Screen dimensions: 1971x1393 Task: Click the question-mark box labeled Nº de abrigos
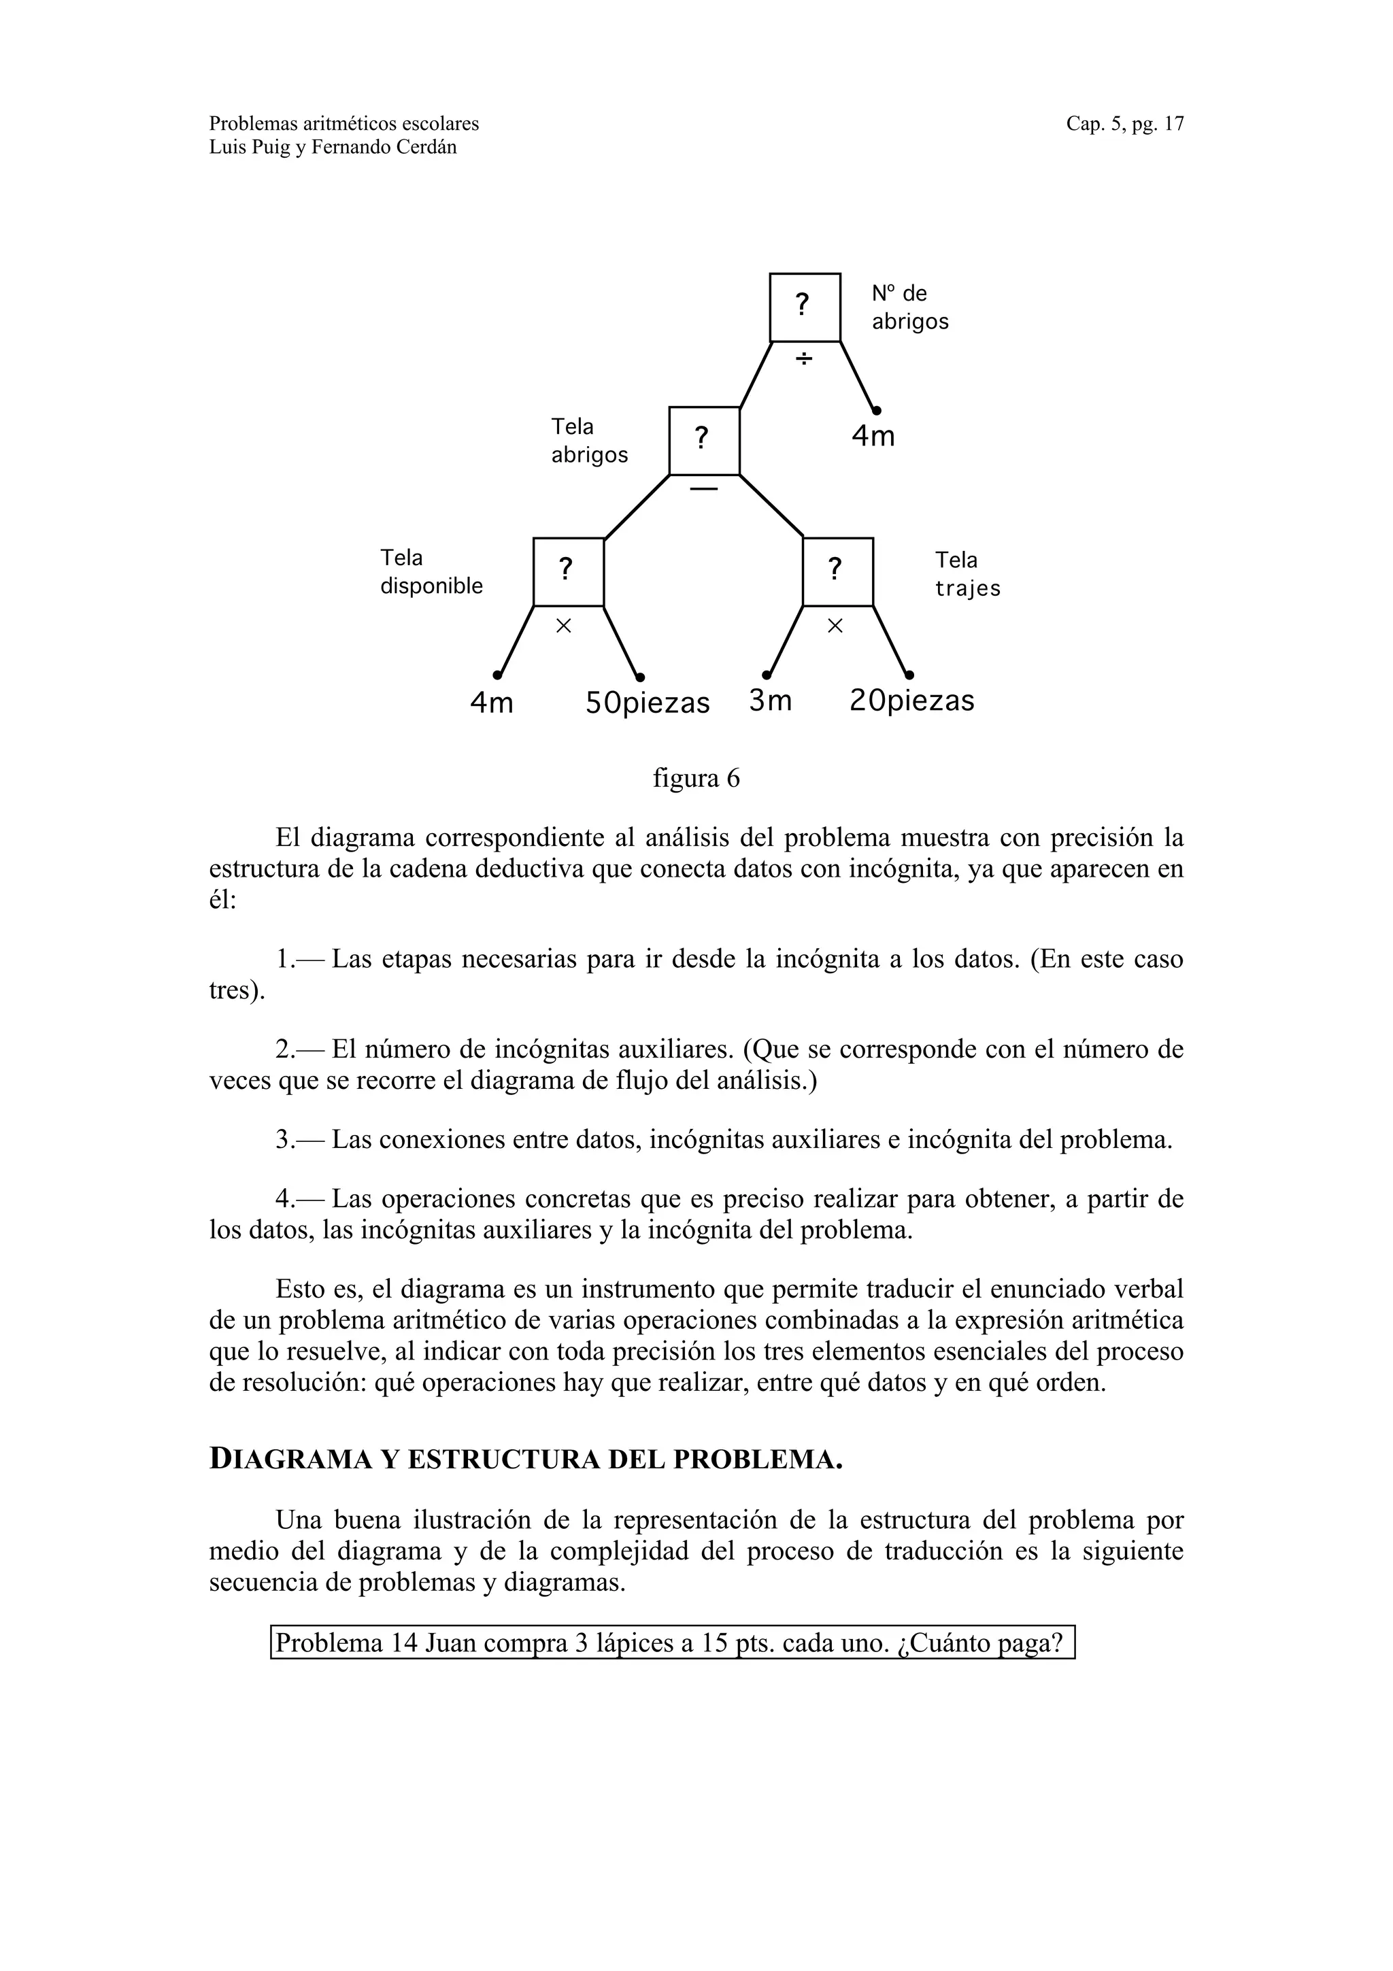804,307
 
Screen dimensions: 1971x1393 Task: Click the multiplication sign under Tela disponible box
563,626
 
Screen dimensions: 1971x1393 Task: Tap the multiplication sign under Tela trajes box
835,626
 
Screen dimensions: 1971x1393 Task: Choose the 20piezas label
911,701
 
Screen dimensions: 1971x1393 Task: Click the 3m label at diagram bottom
770,701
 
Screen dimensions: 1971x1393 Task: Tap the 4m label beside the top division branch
873,437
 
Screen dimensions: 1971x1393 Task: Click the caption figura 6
696,779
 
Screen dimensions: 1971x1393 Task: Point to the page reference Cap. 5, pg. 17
1124,124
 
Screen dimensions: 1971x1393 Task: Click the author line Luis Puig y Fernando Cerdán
333,148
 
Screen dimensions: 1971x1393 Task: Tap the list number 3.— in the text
301,1140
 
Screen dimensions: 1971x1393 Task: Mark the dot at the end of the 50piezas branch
640,677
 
